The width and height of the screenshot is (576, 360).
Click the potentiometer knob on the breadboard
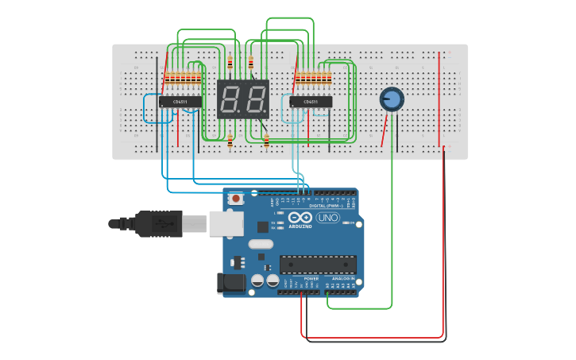(x=392, y=99)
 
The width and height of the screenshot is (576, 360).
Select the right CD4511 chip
(x=311, y=102)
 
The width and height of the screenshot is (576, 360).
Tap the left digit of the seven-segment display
(x=231, y=99)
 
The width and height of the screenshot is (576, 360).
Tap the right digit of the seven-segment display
(x=255, y=99)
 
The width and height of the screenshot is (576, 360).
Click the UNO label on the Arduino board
(x=327, y=218)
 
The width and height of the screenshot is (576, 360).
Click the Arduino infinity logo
(x=301, y=218)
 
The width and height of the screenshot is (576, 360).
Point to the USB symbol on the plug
(x=162, y=223)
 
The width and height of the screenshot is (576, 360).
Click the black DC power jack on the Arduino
(x=231, y=282)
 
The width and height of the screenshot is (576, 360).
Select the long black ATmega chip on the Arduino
(x=318, y=265)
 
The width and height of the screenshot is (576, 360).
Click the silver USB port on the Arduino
(x=226, y=224)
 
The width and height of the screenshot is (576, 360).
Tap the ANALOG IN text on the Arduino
(x=343, y=279)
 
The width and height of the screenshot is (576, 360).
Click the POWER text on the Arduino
(x=311, y=279)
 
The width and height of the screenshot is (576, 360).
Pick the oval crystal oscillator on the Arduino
(x=261, y=245)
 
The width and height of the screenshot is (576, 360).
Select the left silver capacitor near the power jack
(x=257, y=281)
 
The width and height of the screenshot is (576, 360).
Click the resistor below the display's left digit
(x=230, y=141)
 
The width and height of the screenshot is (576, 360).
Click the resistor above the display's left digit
(x=230, y=64)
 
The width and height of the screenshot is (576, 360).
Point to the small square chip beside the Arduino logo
(x=262, y=227)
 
